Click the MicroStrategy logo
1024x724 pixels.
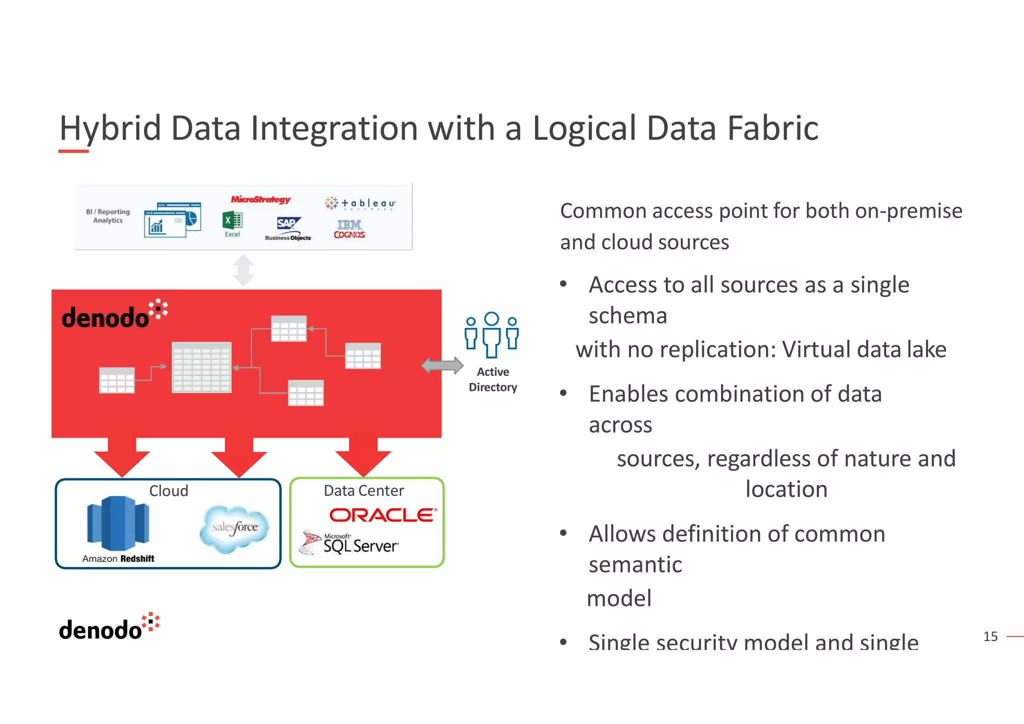(x=260, y=199)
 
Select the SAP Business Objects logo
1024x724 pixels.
(x=288, y=228)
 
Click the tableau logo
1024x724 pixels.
(x=360, y=203)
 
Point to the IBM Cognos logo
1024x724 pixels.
(x=349, y=229)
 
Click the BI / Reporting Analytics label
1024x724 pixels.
(x=108, y=216)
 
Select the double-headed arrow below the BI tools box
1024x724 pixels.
(x=243, y=270)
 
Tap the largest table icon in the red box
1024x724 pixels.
(x=201, y=367)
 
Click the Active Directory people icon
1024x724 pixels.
(x=492, y=334)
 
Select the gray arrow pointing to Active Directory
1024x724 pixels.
(x=442, y=365)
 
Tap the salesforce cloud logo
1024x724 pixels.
(x=234, y=528)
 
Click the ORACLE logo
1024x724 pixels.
(x=383, y=515)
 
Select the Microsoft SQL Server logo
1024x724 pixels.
(x=350, y=543)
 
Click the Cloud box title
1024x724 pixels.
(x=168, y=491)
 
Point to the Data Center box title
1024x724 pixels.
(x=363, y=491)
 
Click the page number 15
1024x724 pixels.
(x=990, y=636)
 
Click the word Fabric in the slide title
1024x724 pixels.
(x=772, y=128)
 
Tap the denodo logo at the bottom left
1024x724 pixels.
(x=109, y=627)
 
